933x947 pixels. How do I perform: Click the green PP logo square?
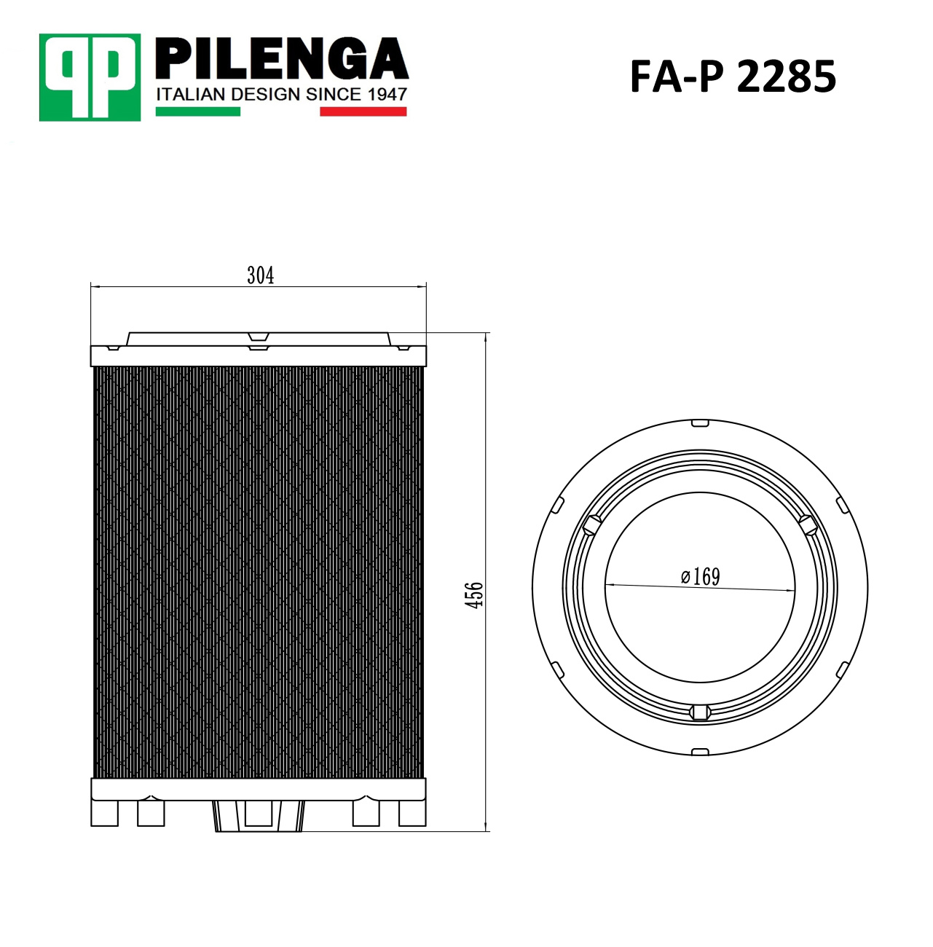(90, 77)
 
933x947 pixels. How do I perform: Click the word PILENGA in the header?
(282, 58)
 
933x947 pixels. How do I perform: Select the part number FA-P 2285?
(733, 76)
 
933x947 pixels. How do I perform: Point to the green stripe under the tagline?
(197, 111)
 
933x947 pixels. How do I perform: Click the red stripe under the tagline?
(363, 111)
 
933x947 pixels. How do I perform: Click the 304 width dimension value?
(261, 275)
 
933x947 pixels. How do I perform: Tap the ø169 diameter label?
(701, 576)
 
